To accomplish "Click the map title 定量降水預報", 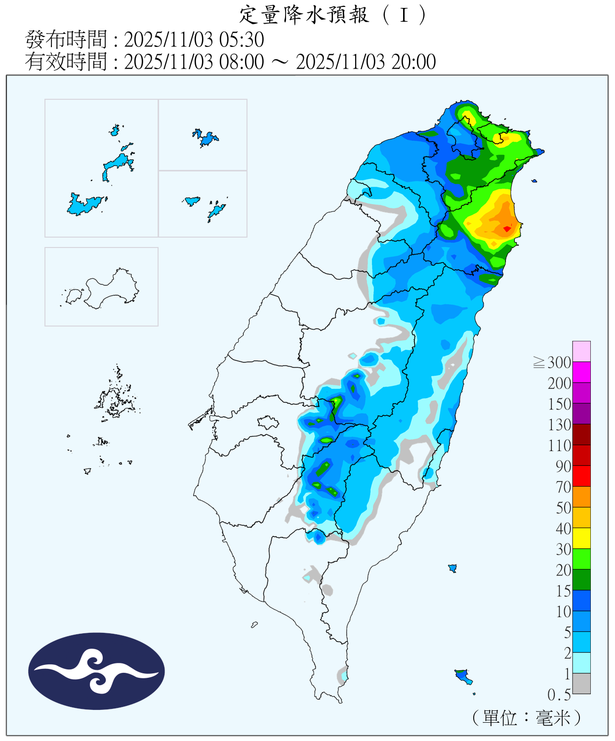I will (x=304, y=15).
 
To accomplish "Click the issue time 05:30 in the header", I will (x=242, y=40).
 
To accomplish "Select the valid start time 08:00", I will (x=242, y=62).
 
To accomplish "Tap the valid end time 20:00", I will (x=413, y=62).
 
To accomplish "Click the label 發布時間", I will (x=66, y=40).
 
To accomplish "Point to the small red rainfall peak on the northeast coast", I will (x=507, y=229).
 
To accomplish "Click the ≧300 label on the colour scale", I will (x=552, y=363).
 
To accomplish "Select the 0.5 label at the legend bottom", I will (x=559, y=695).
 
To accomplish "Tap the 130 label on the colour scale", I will (x=559, y=425).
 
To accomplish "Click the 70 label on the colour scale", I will (x=563, y=487).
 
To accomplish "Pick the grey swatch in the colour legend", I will (x=581, y=683).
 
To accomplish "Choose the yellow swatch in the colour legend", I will (x=581, y=538).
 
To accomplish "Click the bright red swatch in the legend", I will (x=581, y=476).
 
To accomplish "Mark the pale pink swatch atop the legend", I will (x=581, y=351).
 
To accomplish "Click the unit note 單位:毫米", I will (x=527, y=718).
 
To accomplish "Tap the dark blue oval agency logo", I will (x=96, y=671).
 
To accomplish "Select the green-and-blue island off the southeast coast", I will (x=463, y=675).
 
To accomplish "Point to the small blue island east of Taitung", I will (x=452, y=568).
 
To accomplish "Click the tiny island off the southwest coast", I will (x=254, y=625).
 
